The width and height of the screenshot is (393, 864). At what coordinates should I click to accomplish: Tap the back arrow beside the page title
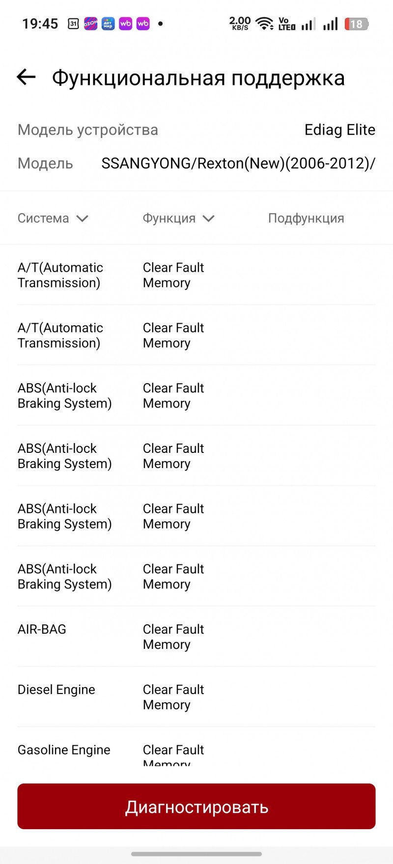tap(26, 77)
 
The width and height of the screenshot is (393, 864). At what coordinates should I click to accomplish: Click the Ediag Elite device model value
tap(340, 130)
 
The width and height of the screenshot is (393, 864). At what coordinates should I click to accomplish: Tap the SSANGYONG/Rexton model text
tap(238, 163)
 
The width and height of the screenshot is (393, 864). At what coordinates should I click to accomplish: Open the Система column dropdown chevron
tap(82, 219)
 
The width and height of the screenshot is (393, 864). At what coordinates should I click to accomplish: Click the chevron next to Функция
tap(208, 219)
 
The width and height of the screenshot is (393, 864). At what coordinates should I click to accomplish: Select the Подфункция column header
tap(306, 218)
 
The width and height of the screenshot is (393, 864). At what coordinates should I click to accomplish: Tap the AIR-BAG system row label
tap(42, 629)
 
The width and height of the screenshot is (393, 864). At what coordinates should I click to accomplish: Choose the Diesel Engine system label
tap(56, 690)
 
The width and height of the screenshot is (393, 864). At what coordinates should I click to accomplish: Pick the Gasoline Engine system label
tap(64, 750)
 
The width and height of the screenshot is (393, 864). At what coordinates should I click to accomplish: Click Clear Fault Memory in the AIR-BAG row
tap(173, 637)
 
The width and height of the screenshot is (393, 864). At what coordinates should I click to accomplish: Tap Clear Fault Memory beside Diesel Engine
tap(173, 697)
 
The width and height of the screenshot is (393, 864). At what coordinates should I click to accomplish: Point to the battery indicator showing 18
tap(357, 24)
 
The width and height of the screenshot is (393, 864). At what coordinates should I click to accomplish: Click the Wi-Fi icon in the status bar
tap(265, 24)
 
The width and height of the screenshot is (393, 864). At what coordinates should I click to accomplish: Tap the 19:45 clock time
tap(40, 24)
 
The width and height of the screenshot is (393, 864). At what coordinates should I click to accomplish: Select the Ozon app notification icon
tap(90, 24)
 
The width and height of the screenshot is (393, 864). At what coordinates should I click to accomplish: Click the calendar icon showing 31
tap(73, 24)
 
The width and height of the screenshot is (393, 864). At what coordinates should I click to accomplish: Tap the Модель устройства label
tap(88, 130)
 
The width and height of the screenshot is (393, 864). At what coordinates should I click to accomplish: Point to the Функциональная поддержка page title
tap(198, 78)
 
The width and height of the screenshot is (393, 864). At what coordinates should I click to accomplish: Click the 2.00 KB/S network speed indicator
tap(240, 23)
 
